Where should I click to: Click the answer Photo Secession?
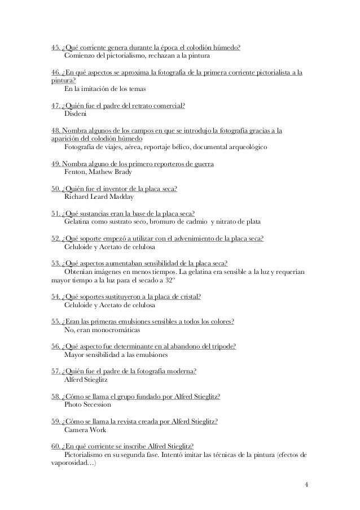(x=88, y=405)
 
